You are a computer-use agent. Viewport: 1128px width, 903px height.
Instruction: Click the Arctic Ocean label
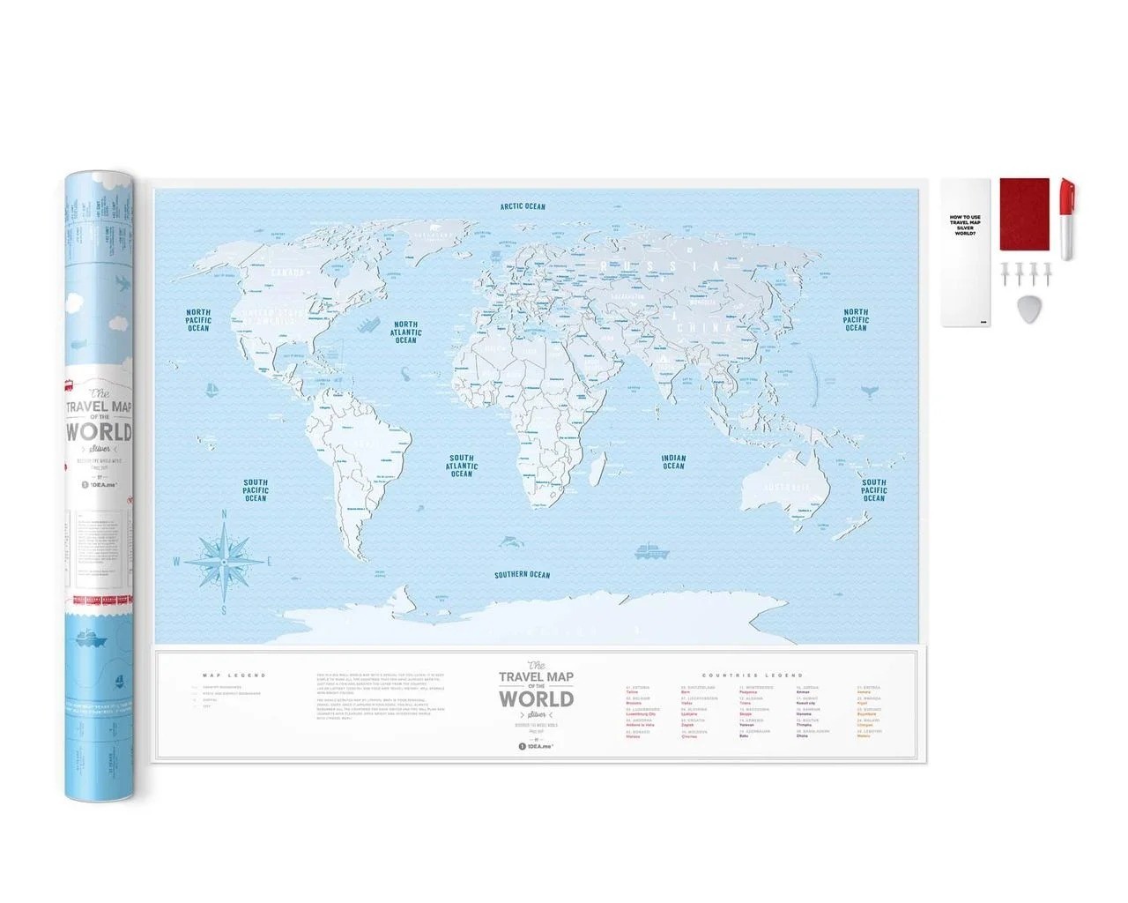(x=523, y=206)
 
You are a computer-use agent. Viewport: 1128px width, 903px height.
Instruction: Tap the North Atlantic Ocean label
(x=405, y=332)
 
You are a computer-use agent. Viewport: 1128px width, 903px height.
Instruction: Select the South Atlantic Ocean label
(x=461, y=466)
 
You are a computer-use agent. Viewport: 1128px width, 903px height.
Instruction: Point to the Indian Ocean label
(x=673, y=461)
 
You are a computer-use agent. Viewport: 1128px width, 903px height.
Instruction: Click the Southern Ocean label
(x=522, y=575)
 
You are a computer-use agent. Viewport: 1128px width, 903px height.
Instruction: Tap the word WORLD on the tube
(x=99, y=432)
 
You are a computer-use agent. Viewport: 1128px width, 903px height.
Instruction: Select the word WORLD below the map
(x=536, y=698)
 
